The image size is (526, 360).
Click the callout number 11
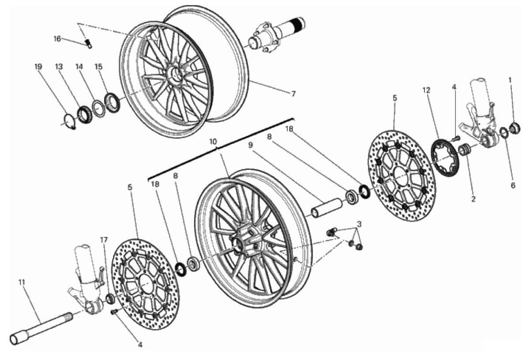pyautogui.click(x=22, y=282)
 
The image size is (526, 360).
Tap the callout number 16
pyautogui.click(x=57, y=39)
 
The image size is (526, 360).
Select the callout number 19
pyautogui.click(x=38, y=67)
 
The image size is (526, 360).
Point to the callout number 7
pyautogui.click(x=293, y=94)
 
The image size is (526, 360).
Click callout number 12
pyautogui.click(x=426, y=90)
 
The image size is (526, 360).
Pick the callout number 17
pyautogui.click(x=104, y=240)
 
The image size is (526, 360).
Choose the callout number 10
pyautogui.click(x=213, y=142)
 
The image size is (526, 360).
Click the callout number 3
pyautogui.click(x=359, y=224)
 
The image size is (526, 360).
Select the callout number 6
pyautogui.click(x=513, y=185)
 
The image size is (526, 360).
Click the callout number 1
pyautogui.click(x=510, y=80)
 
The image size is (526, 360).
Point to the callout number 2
pyautogui.click(x=473, y=199)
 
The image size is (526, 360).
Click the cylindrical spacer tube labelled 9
pyautogui.click(x=326, y=208)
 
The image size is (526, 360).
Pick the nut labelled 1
pyautogui.click(x=515, y=128)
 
